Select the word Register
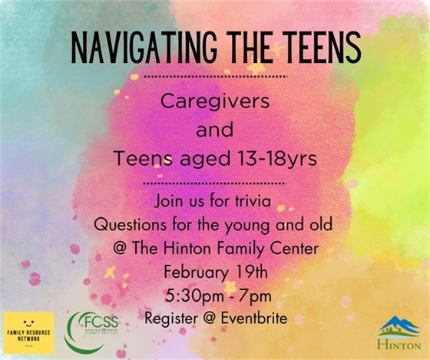pyautogui.click(x=170, y=315)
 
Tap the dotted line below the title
pyautogui.click(x=215, y=77)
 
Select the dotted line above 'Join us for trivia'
pyautogui.click(x=215, y=184)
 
